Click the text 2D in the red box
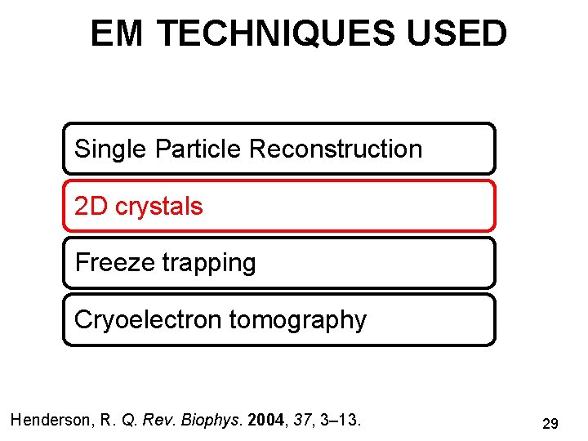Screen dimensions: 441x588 click(x=91, y=207)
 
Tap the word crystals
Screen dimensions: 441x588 click(x=158, y=207)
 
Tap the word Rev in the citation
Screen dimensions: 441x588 click(x=153, y=421)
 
